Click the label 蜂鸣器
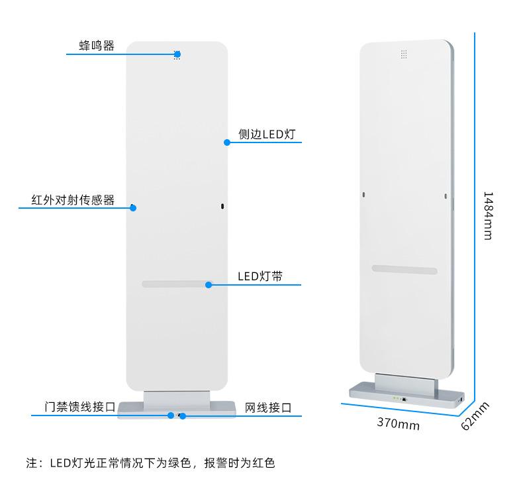pyautogui.click(x=96, y=46)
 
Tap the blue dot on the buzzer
pyautogui.click(x=177, y=54)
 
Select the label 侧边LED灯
pyautogui.click(x=266, y=134)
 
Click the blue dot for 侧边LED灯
pyautogui.click(x=226, y=142)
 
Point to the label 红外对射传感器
pyautogui.click(x=73, y=199)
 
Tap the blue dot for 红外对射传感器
pyautogui.click(x=133, y=207)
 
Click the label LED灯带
pyautogui.click(x=260, y=276)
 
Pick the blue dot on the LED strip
pyautogui.click(x=209, y=285)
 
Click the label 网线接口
pyautogui.click(x=268, y=408)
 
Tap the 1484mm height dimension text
pyautogui.click(x=487, y=216)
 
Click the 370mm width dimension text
pyautogui.click(x=398, y=423)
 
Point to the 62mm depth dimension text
pyautogui.click(x=474, y=415)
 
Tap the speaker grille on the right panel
pyautogui.click(x=403, y=54)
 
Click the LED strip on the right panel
pyautogui.click(x=404, y=270)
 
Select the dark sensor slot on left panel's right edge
pyautogui.click(x=222, y=207)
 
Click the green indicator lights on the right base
pyautogui.click(x=397, y=399)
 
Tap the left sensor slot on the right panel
pyautogui.click(x=363, y=195)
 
